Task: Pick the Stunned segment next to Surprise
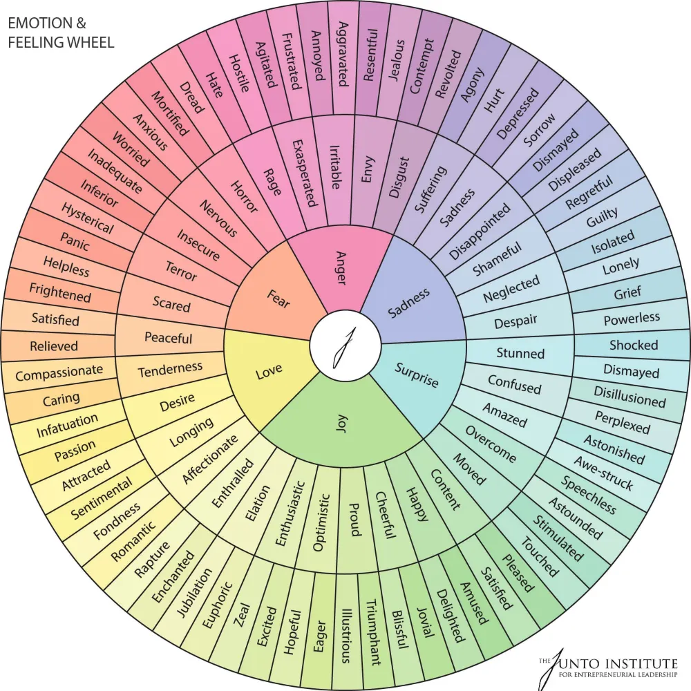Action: point(520,353)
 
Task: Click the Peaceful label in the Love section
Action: point(168,338)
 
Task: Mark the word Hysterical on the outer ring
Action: point(87,218)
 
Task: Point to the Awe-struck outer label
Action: point(603,473)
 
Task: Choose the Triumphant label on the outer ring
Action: point(372,632)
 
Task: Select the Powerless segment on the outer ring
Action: point(632,319)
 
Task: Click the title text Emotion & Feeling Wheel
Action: point(61,32)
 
